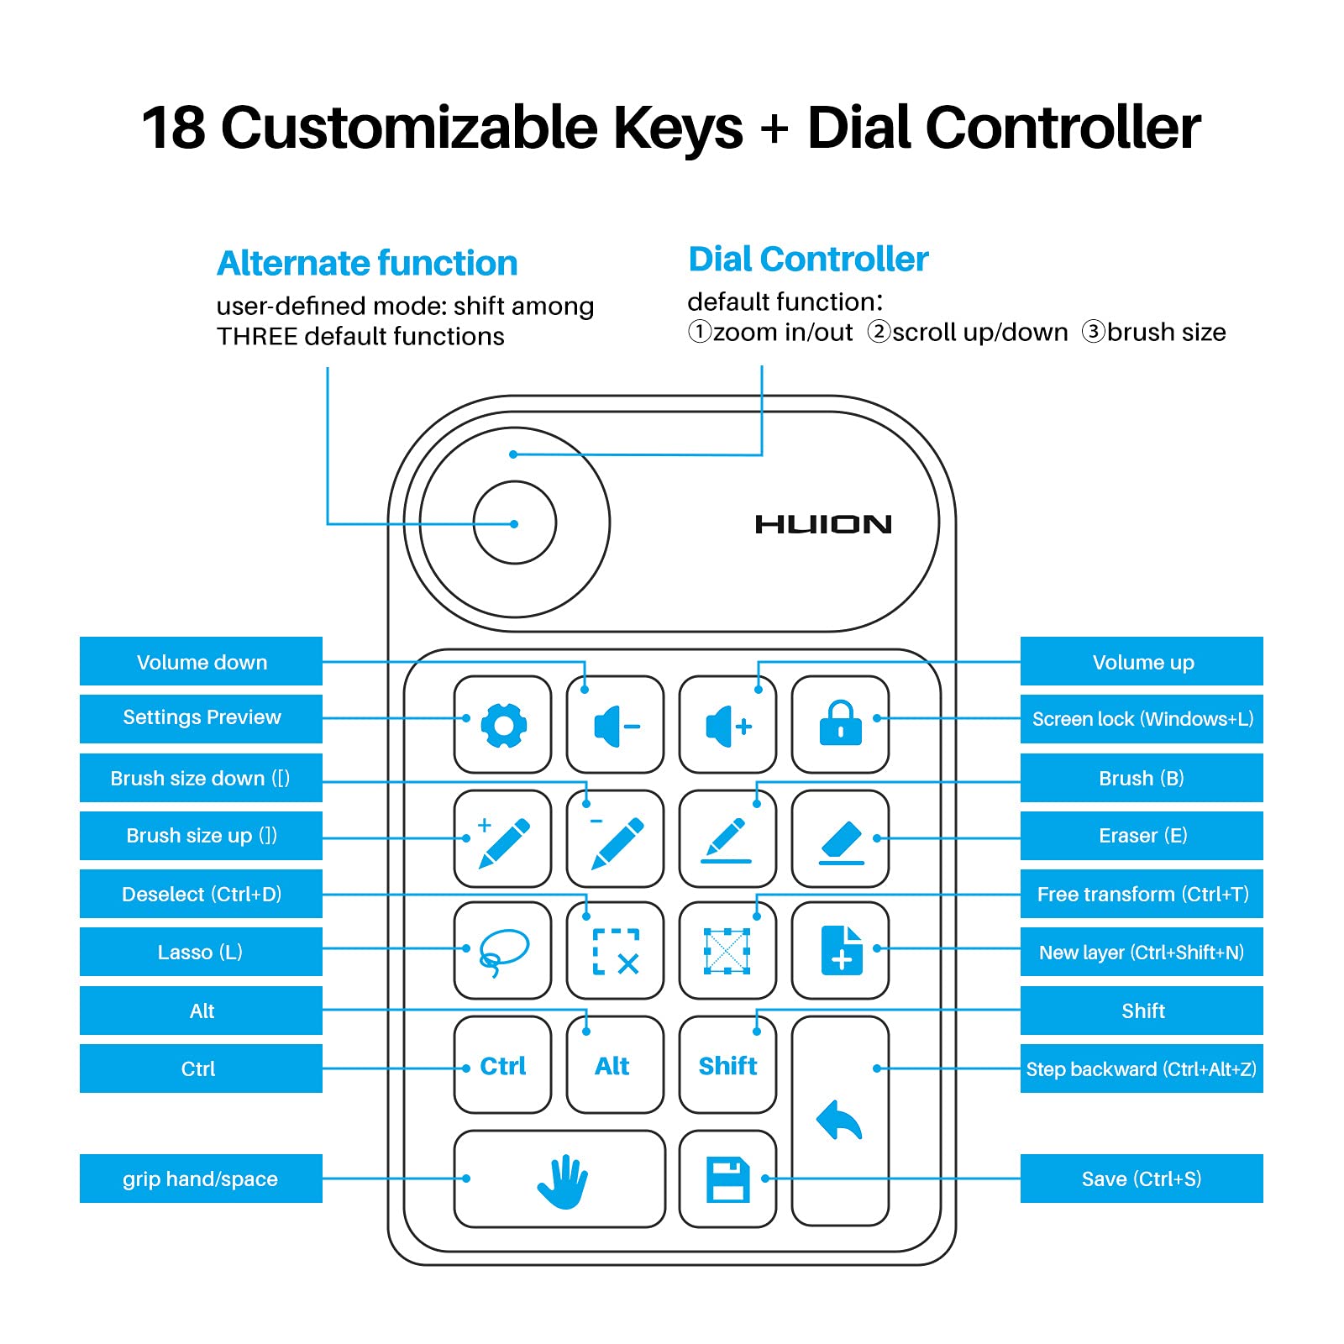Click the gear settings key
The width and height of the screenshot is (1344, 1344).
(x=503, y=724)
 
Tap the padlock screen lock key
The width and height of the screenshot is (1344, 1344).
(x=840, y=724)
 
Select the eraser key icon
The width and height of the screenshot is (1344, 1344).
(x=840, y=839)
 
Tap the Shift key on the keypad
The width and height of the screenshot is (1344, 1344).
(x=727, y=1065)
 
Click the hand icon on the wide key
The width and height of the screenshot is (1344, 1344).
(x=562, y=1179)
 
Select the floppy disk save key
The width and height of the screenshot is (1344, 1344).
(x=727, y=1179)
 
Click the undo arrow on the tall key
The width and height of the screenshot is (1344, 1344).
(x=839, y=1121)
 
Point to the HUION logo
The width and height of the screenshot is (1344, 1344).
(x=823, y=524)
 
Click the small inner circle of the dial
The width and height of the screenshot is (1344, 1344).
(x=514, y=522)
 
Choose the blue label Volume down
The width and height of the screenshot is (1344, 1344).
(x=202, y=662)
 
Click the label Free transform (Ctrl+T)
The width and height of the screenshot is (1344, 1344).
(x=1142, y=894)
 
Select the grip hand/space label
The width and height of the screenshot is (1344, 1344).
(x=201, y=1179)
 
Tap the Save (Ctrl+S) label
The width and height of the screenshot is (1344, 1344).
(x=1142, y=1179)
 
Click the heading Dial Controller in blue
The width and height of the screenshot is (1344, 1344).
(x=808, y=259)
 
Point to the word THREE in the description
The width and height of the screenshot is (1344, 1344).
(x=257, y=336)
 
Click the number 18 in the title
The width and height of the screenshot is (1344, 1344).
(x=173, y=128)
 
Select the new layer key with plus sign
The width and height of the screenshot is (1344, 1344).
(x=841, y=951)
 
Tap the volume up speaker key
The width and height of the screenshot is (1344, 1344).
(x=727, y=725)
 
